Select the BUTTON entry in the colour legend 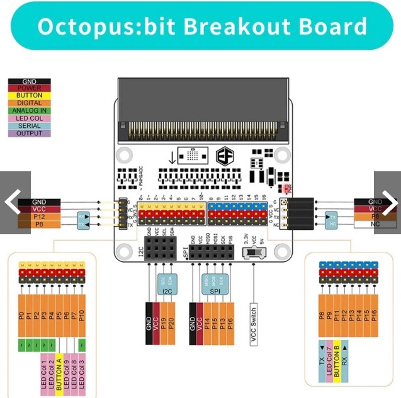tap(25, 95)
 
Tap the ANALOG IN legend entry tap(25, 110)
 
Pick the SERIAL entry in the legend tap(25, 125)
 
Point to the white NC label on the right tap(375, 224)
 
